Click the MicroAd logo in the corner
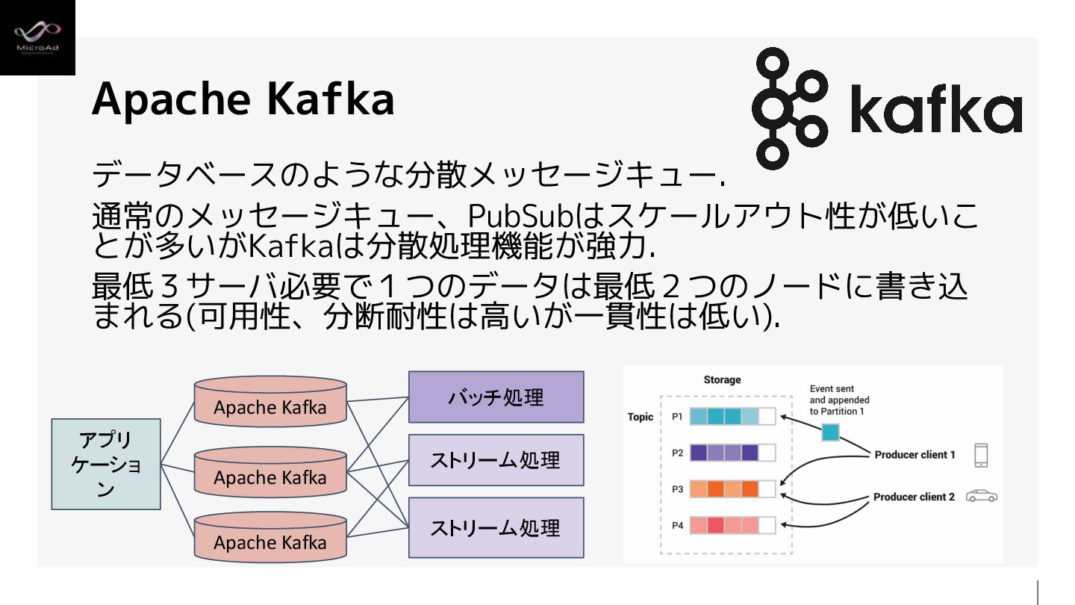pyautogui.click(x=37, y=37)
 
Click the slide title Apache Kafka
pyautogui.click(x=243, y=99)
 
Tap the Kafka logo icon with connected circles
pyautogui.click(x=781, y=108)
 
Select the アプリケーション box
pyautogui.click(x=106, y=464)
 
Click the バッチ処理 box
pyautogui.click(x=496, y=397)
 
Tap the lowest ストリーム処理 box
pyautogui.click(x=496, y=528)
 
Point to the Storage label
pyautogui.click(x=722, y=379)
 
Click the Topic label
pyautogui.click(x=641, y=417)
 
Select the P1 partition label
pyautogui.click(x=677, y=417)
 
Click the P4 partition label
pyautogui.click(x=677, y=525)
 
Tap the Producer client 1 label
pyautogui.click(x=914, y=454)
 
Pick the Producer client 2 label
pyautogui.click(x=914, y=497)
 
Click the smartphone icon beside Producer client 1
pyautogui.click(x=981, y=455)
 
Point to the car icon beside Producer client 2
pyautogui.click(x=982, y=496)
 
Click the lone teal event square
pyautogui.click(x=830, y=432)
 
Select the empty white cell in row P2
pyautogui.click(x=767, y=453)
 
